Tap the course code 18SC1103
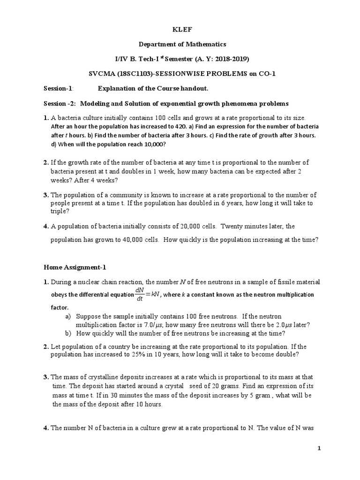pyautogui.click(x=135, y=74)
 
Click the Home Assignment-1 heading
pyautogui.click(x=75, y=267)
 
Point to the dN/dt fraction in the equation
pyautogui.click(x=139, y=294)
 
